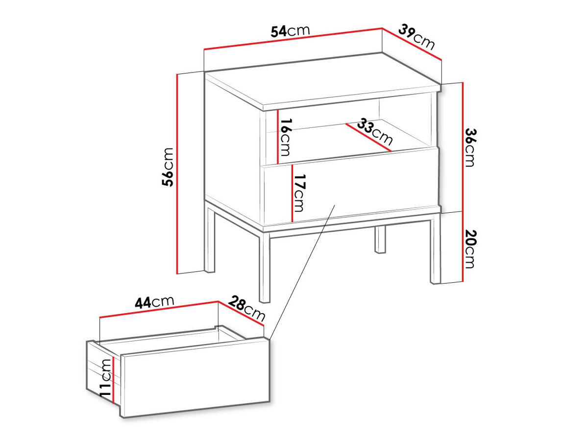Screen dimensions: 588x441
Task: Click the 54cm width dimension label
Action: (x=290, y=31)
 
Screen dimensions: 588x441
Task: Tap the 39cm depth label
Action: (x=416, y=37)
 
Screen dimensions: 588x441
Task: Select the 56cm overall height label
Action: (x=168, y=167)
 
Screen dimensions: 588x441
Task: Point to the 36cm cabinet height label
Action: (x=470, y=147)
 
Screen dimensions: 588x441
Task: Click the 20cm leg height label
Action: (x=470, y=249)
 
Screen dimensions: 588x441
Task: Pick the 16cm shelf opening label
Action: (x=286, y=137)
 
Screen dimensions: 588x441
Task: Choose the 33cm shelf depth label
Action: (x=375, y=131)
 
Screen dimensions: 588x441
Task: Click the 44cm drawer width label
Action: (x=154, y=302)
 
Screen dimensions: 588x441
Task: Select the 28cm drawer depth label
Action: (x=247, y=308)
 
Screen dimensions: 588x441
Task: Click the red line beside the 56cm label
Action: (x=177, y=174)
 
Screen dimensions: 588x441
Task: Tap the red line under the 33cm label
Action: (x=368, y=138)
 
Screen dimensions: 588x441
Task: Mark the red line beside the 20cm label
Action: (x=463, y=246)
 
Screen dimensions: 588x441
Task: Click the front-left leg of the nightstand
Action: (x=265, y=268)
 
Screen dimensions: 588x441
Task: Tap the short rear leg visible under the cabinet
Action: (x=380, y=240)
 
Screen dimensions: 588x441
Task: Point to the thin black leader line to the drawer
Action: (x=302, y=272)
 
